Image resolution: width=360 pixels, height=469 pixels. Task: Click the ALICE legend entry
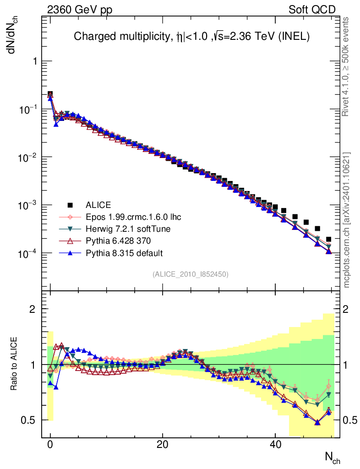coord(98,205)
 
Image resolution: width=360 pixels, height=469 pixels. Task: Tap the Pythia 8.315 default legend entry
coord(124,253)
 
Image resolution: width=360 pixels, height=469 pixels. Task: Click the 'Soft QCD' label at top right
coord(312,10)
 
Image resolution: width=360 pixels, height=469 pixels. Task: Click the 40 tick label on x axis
coord(275,445)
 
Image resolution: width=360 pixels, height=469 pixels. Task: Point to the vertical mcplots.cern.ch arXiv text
coord(347,220)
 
